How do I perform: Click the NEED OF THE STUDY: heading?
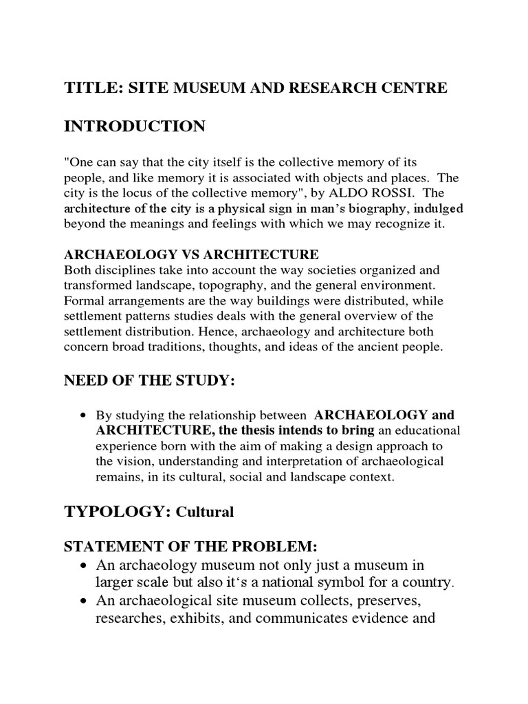pos(149,382)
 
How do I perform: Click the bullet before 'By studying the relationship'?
pos(83,416)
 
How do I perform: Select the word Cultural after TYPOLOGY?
pos(205,512)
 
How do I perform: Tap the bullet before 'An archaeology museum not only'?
pos(83,565)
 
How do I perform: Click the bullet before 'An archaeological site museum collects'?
pos(83,601)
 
